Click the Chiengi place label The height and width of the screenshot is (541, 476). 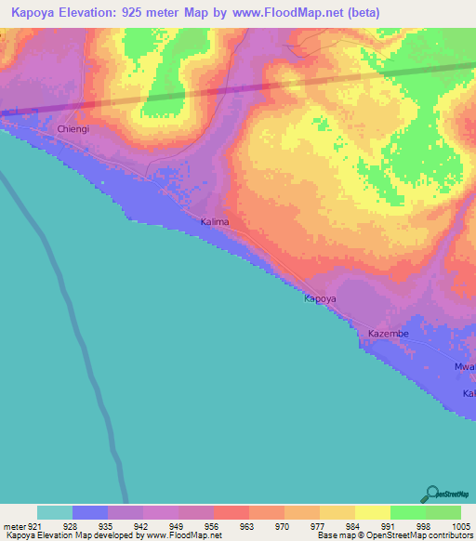click(x=73, y=129)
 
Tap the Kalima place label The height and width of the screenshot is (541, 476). click(x=215, y=223)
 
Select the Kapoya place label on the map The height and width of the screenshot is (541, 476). click(x=320, y=299)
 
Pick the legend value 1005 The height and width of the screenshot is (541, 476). click(x=459, y=526)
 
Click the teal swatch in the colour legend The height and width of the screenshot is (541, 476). click(x=54, y=512)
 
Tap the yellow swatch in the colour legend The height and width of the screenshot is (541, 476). click(x=372, y=512)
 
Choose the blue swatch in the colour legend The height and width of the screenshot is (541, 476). click(x=89, y=512)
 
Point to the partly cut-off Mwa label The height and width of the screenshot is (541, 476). click(x=465, y=367)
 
